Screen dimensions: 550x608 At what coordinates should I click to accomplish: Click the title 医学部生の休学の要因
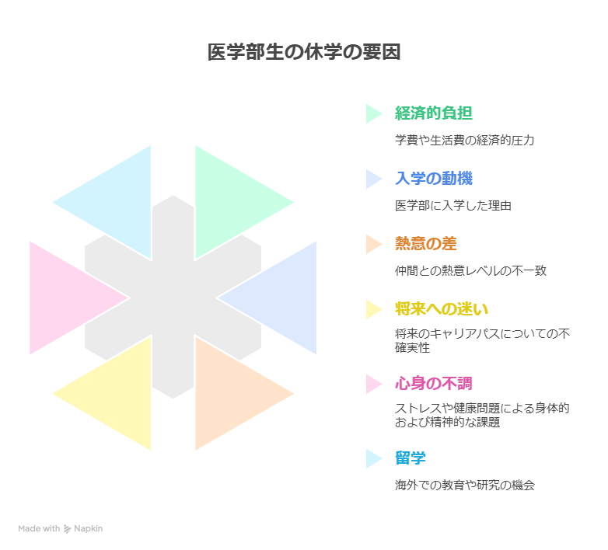(x=304, y=53)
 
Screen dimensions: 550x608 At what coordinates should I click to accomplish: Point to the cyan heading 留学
(x=410, y=458)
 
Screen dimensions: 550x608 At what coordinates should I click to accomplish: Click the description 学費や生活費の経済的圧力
(x=464, y=141)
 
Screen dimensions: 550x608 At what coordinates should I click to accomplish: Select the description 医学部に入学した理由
(x=453, y=206)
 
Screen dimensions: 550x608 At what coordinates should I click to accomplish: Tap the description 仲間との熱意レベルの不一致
(x=470, y=271)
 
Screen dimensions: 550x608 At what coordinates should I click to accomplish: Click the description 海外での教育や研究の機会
(x=464, y=485)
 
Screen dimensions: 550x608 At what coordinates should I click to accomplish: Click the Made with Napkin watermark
(x=61, y=528)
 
